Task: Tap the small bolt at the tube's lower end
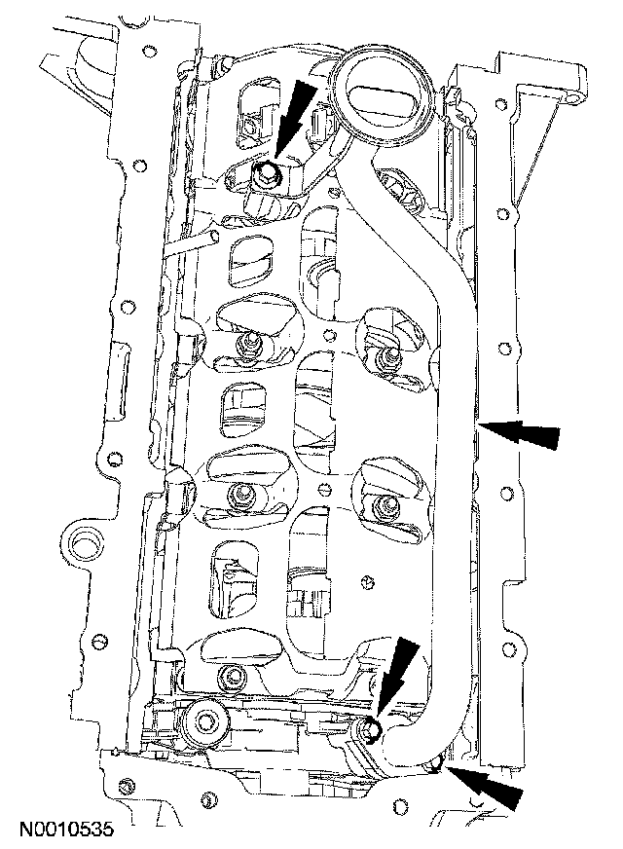click(368, 729)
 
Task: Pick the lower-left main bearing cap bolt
click(238, 496)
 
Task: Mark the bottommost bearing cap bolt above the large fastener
click(231, 678)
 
